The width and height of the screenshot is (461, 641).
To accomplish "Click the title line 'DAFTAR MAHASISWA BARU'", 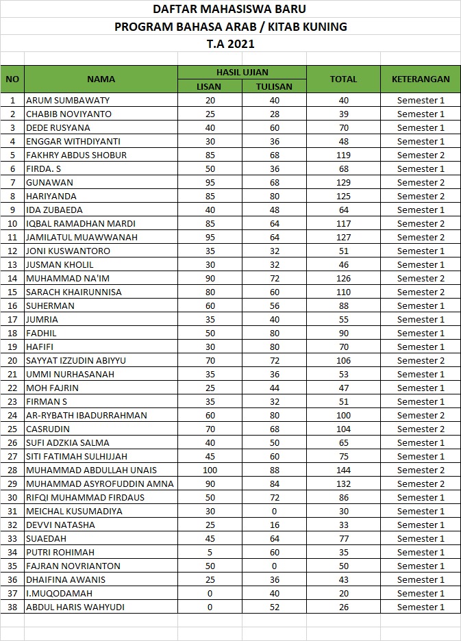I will click(229, 9).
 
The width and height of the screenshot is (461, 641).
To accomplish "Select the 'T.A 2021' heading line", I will click(230, 44).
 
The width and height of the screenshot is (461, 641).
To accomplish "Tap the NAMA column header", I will click(101, 79).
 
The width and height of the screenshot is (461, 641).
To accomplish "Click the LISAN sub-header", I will click(210, 86).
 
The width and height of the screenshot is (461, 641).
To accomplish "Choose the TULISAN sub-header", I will click(274, 86).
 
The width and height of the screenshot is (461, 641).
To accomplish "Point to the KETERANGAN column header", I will click(421, 79).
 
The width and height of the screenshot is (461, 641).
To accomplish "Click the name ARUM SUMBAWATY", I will click(67, 100).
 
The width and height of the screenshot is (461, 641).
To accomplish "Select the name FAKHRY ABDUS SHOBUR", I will click(76, 155).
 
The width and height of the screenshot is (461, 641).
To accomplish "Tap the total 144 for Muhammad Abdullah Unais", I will click(343, 470).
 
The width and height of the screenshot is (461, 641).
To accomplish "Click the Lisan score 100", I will click(210, 470).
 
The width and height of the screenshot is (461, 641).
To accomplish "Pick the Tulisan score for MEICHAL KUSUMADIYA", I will click(274, 511).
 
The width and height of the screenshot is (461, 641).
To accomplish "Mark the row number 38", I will click(12, 607).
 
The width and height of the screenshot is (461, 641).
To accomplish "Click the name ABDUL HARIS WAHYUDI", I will click(75, 607).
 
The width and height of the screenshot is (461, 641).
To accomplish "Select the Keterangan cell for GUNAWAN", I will click(421, 182).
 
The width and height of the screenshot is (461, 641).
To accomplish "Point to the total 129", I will click(343, 182).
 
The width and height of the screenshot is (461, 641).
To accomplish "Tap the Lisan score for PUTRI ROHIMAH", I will click(210, 552).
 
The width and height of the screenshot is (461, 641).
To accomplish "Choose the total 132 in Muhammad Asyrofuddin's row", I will click(343, 483).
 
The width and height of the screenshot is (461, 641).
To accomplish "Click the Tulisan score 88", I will click(274, 470).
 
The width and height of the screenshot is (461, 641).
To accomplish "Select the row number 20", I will click(12, 360).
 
